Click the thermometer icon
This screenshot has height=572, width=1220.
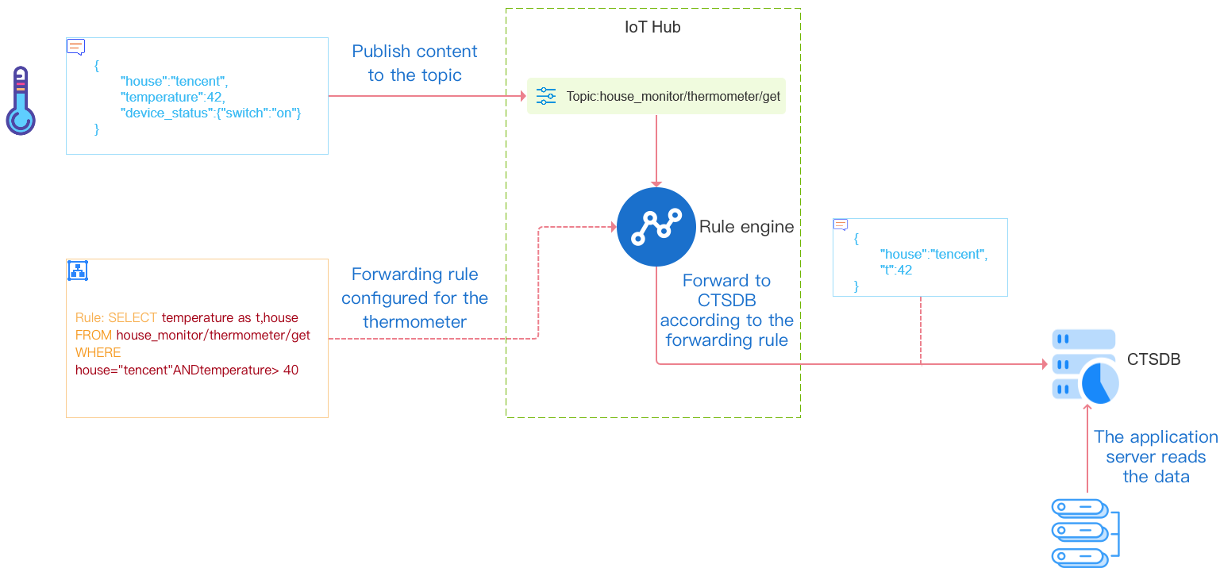21,101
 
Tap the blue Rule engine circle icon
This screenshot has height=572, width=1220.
656,227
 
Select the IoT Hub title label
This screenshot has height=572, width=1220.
652,27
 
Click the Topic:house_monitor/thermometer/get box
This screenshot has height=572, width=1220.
656,96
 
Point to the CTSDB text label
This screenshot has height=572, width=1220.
1153,359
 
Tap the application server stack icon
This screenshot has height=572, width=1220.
1083,532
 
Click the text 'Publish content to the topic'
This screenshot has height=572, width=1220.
414,63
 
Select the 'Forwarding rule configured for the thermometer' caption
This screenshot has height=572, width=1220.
414,298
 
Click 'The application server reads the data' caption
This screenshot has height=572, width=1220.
1156,457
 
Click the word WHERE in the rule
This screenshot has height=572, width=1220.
98,352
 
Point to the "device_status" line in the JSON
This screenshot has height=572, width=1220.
211,113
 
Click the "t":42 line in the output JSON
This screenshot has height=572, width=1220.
896,270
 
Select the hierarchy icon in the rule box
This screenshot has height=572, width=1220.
78,271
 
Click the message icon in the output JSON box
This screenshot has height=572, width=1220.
841,225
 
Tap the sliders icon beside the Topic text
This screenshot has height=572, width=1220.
546,96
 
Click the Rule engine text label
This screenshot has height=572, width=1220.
746,227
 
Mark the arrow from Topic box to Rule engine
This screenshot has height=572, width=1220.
656,151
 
